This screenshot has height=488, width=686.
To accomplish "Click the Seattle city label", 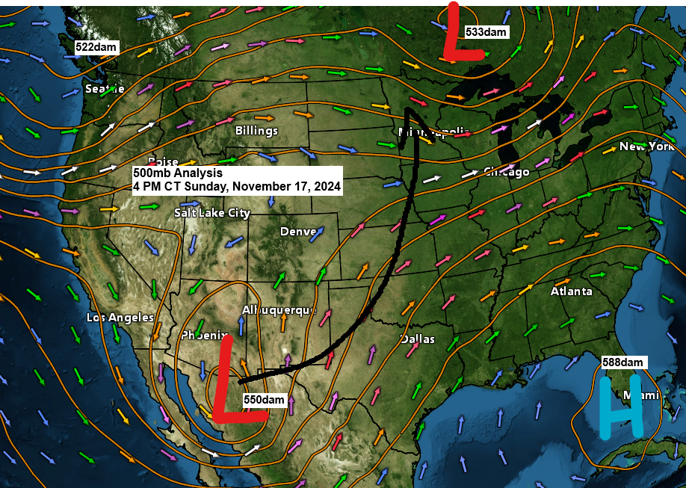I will pos(105,89).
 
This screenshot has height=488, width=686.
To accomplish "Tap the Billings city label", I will pos(256,131).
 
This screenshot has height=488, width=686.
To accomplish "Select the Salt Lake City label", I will pos(212,213).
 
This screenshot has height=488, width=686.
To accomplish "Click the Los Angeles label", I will pos(120,318).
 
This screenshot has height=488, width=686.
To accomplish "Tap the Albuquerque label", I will pos(279,309).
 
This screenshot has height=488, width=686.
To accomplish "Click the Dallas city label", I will pos(418,339).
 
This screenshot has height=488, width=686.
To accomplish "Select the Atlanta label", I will pos(572,291).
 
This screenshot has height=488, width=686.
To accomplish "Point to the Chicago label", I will pos(507,172).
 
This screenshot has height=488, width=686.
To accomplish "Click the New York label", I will pos(647,146).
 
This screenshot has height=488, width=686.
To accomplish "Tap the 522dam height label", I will pos(96,47).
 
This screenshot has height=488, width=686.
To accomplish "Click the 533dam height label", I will pos(486,32).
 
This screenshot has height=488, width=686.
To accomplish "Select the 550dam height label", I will pos(265,400).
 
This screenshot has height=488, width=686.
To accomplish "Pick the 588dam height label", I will pos(622,362).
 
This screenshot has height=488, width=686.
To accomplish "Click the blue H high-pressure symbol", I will pos(621,407).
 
